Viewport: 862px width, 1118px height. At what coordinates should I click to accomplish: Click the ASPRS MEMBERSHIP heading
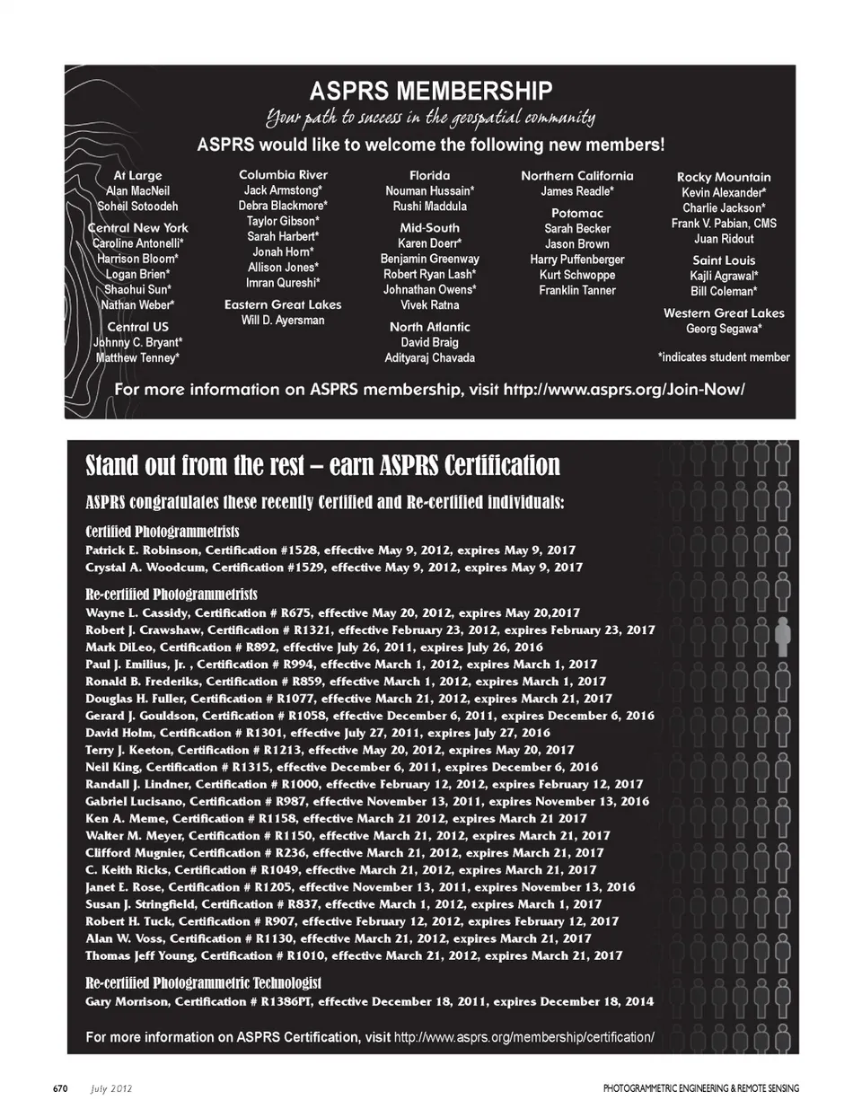click(x=430, y=90)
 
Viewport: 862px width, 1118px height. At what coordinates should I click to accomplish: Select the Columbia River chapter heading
click(x=283, y=174)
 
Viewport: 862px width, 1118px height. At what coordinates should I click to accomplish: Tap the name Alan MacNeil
click(x=137, y=190)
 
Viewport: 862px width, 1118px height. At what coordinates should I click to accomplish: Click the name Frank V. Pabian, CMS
click(x=724, y=224)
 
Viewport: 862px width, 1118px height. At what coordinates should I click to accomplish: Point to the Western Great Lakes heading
click(x=724, y=313)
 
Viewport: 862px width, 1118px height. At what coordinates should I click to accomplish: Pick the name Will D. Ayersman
click(x=283, y=321)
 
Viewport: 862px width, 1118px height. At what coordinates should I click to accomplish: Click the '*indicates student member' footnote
click(x=724, y=357)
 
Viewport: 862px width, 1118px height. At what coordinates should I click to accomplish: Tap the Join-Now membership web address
click(x=624, y=390)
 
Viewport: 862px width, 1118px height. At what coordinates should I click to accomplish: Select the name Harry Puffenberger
click(x=577, y=260)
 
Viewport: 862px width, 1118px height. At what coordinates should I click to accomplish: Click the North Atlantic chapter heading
click(x=429, y=327)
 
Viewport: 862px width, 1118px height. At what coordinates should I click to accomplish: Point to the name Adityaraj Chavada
click(x=429, y=357)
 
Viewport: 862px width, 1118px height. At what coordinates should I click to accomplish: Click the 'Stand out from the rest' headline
click(x=322, y=465)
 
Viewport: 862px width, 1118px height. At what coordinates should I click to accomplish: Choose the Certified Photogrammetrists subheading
click(x=162, y=532)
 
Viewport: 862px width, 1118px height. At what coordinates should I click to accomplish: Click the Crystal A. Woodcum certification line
click(x=333, y=568)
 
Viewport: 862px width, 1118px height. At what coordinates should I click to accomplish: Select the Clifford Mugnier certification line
click(x=344, y=852)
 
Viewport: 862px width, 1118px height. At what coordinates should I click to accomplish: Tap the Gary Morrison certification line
click(x=369, y=1001)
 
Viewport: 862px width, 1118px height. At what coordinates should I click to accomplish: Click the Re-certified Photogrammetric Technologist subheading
click(x=203, y=983)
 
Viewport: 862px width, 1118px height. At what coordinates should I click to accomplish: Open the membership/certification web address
click(x=523, y=1037)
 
